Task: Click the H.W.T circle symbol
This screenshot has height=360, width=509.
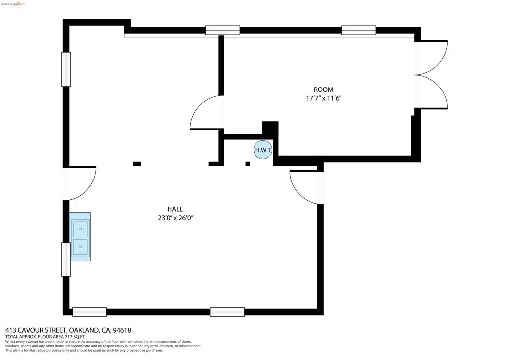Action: coord(262,150)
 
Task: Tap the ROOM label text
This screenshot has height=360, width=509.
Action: coord(323,90)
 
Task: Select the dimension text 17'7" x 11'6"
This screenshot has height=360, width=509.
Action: coord(324,98)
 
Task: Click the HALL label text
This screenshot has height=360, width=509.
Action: coord(175,209)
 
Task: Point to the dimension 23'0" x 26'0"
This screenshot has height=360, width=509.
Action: coord(175,218)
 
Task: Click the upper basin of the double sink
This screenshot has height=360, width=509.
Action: coord(80,229)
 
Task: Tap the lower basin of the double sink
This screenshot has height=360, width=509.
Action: coord(80,247)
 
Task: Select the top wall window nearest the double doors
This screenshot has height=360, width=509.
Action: coord(359,30)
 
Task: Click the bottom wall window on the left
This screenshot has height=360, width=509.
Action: coord(89,312)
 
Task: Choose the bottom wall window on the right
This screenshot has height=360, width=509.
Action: coord(227,312)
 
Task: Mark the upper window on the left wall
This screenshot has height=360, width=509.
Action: coord(66,69)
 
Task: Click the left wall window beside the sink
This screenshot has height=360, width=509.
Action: coord(66,260)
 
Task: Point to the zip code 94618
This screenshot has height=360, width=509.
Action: coord(122,331)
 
